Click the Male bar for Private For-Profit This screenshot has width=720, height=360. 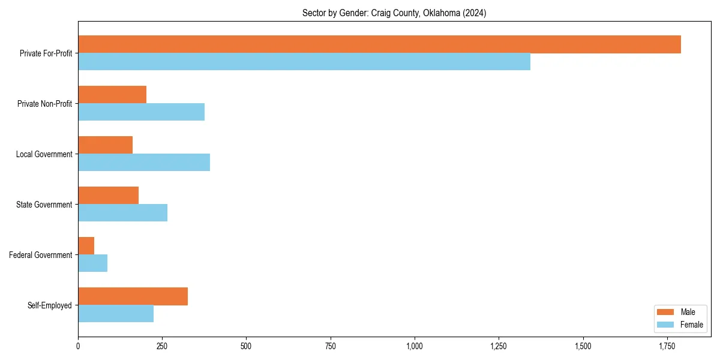379,44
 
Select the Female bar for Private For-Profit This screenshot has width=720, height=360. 304,62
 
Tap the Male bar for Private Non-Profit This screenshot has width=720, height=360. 112,95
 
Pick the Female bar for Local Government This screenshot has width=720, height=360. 144,163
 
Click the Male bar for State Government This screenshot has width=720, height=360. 108,196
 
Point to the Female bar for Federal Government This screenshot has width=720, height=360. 92,263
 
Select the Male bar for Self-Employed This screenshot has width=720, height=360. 133,296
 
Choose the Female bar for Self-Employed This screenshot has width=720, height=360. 116,314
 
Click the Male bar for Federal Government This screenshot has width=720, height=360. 86,246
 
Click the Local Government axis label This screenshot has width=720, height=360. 44,154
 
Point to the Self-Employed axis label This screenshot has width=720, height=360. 49,305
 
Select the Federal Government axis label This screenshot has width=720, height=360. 40,255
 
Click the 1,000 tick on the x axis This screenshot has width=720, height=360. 415,346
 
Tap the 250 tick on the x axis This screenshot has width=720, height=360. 162,346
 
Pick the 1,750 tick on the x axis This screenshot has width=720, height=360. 667,346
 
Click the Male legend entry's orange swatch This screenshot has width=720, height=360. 666,312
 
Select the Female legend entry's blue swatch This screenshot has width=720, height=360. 666,325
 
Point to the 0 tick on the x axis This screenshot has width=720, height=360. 78,346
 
